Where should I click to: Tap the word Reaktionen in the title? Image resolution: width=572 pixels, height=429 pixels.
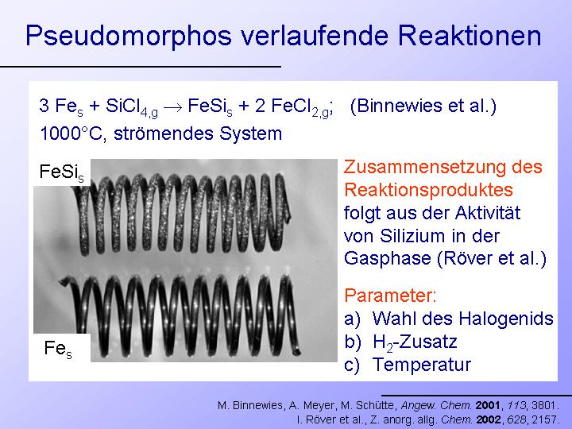470,36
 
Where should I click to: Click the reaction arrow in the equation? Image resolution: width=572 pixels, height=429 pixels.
172,107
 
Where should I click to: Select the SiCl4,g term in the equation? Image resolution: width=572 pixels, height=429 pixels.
132,107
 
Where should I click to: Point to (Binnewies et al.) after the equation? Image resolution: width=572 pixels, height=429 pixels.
423,106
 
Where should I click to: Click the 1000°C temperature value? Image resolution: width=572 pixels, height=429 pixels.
71,133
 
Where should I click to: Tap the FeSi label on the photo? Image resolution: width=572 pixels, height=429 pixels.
62,172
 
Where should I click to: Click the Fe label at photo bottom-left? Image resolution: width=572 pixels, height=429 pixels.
58,348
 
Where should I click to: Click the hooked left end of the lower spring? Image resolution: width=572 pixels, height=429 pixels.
66,280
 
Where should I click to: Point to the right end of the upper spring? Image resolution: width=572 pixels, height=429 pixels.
288,215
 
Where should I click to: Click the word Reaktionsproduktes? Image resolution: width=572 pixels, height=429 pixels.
428,190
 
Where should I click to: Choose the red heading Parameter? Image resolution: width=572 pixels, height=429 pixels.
390,295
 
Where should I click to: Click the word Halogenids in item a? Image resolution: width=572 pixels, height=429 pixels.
506,319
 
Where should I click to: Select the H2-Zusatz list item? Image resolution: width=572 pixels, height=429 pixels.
415,342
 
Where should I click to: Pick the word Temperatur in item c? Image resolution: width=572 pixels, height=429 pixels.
422,365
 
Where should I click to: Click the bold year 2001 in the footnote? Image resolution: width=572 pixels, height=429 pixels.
488,405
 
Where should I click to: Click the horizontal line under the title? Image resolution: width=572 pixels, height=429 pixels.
141,67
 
